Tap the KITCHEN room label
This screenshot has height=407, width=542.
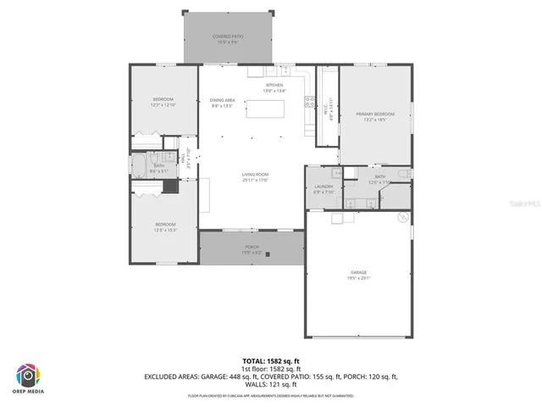click(274, 86)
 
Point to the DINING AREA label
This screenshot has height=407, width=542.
click(223, 101)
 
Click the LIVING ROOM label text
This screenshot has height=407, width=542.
click(255, 175)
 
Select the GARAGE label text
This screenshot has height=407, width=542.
click(359, 273)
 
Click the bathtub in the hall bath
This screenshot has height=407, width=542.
click(138, 164)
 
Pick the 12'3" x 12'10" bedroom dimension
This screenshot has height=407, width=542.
click(163, 104)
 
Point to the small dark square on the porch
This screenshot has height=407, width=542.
click(268, 254)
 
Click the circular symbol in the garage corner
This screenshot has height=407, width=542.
click(401, 217)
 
